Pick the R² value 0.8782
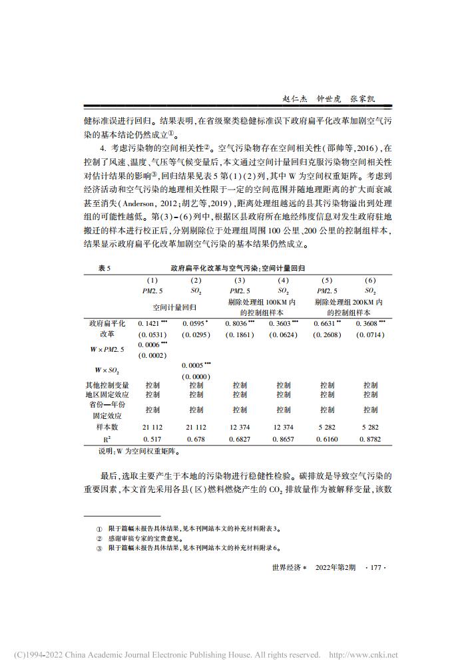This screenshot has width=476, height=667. tap(370, 440)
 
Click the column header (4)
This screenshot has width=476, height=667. tap(283, 281)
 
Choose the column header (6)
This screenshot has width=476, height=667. tap(370, 281)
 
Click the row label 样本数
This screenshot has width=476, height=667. tap(107, 426)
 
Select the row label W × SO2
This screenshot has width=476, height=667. tap(107, 370)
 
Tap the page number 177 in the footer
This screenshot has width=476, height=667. tap(375, 569)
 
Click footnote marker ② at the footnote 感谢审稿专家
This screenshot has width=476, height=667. tap(101, 539)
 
